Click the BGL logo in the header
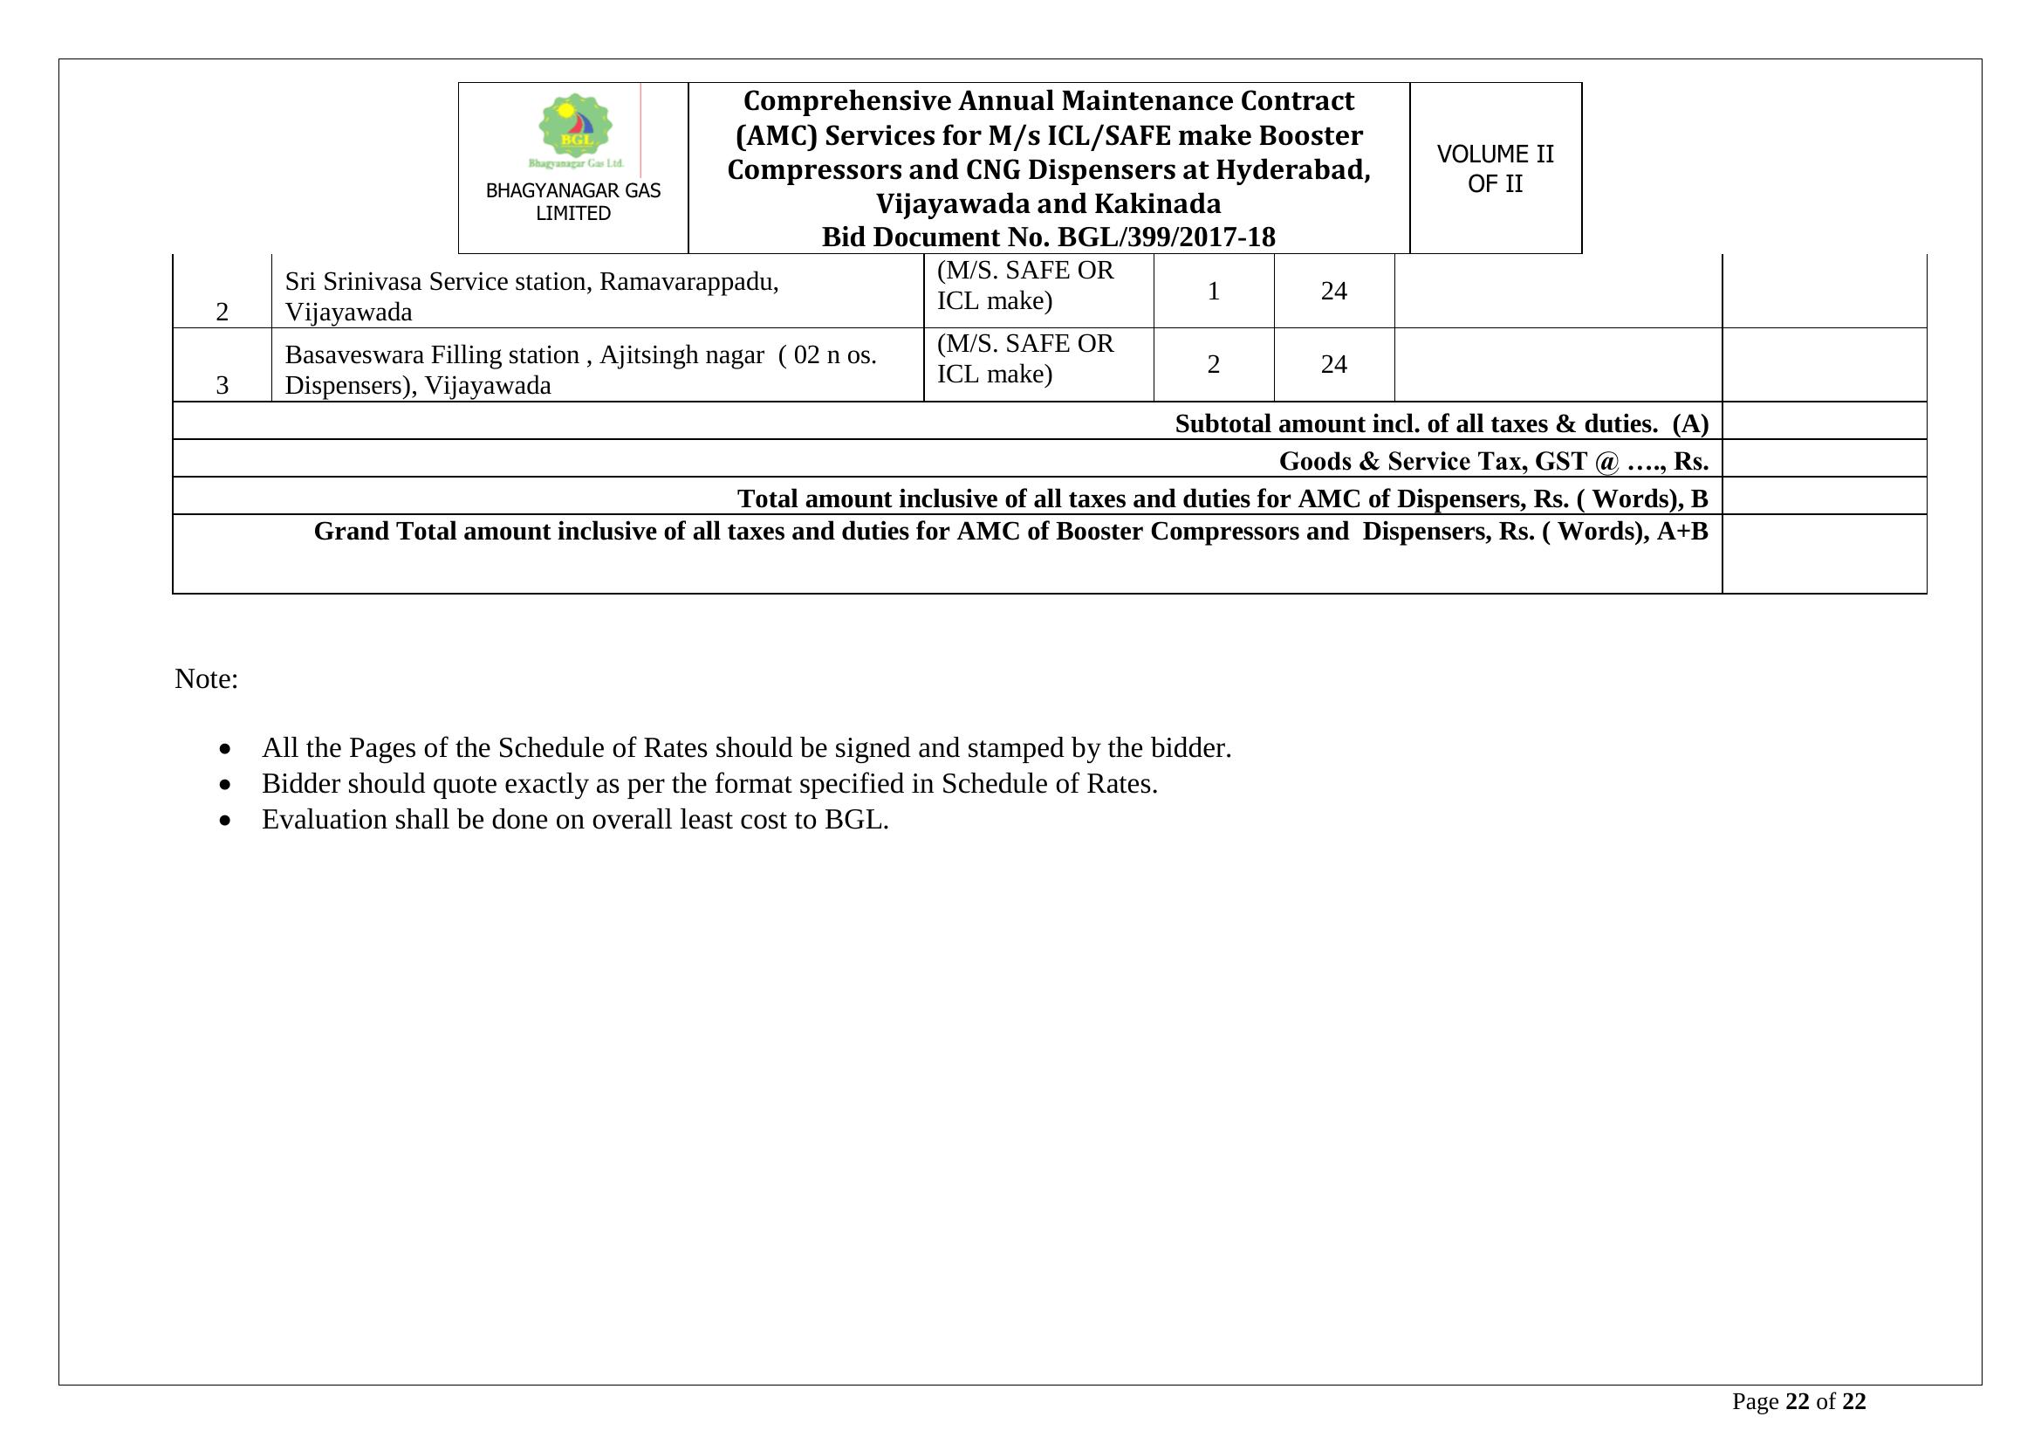pos(575,130)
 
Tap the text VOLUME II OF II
pos(1496,169)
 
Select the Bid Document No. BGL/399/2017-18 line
pos(1048,237)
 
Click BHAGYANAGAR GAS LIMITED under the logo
pos(573,202)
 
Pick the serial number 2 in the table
pos(223,312)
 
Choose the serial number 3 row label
pos(223,385)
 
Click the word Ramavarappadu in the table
pos(687,282)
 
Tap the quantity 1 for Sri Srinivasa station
pos(1214,292)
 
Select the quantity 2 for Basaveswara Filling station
pos(1214,365)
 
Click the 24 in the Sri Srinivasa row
pos(1333,292)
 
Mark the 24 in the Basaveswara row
pos(1333,365)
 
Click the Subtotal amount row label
pos(1441,424)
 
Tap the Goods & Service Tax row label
pos(1492,462)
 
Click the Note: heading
pos(206,679)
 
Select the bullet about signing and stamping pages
pos(746,749)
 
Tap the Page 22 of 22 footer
pos(1798,1402)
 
